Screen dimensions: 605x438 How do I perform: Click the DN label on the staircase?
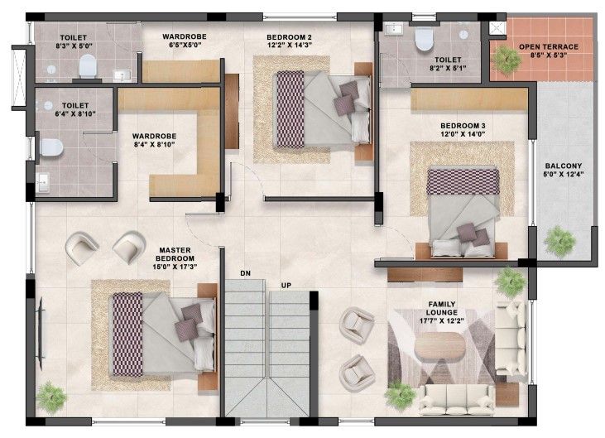[246, 273]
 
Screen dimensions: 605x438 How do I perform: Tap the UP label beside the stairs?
[286, 286]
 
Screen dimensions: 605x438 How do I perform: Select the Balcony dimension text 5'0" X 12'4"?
[564, 174]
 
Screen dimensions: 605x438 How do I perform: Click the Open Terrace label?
[548, 46]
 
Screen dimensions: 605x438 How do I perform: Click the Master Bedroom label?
[175, 254]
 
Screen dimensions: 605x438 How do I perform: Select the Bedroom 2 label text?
[289, 37]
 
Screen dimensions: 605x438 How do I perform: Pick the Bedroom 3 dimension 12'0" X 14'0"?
[463, 134]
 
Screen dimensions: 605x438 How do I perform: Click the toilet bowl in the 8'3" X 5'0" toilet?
[88, 66]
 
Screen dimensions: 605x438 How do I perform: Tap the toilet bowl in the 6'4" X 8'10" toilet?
[51, 147]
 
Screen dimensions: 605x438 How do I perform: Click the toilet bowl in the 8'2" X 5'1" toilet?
[424, 39]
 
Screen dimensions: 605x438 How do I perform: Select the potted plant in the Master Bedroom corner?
[51, 397]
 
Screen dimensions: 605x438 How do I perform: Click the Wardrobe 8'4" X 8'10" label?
[154, 141]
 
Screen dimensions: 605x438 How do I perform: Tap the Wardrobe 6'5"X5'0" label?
[185, 41]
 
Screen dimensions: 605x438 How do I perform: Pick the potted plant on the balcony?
[559, 241]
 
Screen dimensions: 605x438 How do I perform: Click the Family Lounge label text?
[442, 308]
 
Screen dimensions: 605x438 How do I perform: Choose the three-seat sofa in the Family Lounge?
[457, 400]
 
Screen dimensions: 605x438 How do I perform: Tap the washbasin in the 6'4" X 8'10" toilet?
[43, 182]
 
